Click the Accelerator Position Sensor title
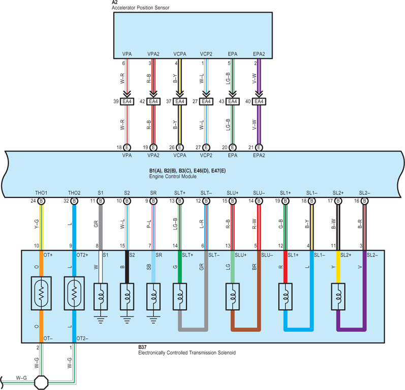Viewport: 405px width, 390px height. pyautogui.click(x=141, y=8)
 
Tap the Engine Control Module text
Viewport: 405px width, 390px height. pyautogui.click(x=173, y=177)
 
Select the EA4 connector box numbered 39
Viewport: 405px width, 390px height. pyautogui.click(x=127, y=101)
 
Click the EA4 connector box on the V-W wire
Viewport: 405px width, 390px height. pyautogui.click(x=259, y=101)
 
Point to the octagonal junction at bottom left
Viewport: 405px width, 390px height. pyautogui.click(x=41, y=382)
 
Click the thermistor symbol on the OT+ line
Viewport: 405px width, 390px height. pyautogui.click(x=41, y=293)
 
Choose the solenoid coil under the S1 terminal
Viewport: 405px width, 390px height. pyautogui.click(x=101, y=296)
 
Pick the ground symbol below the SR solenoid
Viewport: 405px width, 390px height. pyautogui.click(x=153, y=320)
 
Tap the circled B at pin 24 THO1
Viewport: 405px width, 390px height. pyautogui.click(x=41, y=201)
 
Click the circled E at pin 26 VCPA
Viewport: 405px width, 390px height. pyautogui.click(x=180, y=148)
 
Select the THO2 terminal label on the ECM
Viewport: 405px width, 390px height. pyautogui.click(x=74, y=193)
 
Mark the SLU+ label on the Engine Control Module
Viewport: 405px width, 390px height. pyautogui.click(x=232, y=193)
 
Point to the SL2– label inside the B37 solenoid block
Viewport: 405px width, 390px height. pyautogui.click(x=372, y=255)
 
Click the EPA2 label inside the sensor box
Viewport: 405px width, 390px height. pyautogui.click(x=259, y=54)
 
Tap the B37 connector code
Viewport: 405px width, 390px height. pyautogui.click(x=142, y=347)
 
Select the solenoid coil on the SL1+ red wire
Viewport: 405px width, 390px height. pyautogui.click(x=286, y=296)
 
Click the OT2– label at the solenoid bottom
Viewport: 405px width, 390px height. pyautogui.click(x=82, y=339)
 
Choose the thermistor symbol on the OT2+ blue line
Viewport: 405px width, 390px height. pyautogui.click(x=74, y=293)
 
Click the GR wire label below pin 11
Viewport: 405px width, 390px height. pyautogui.click(x=96, y=224)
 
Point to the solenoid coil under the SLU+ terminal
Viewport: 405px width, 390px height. pyautogui.click(x=232, y=296)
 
